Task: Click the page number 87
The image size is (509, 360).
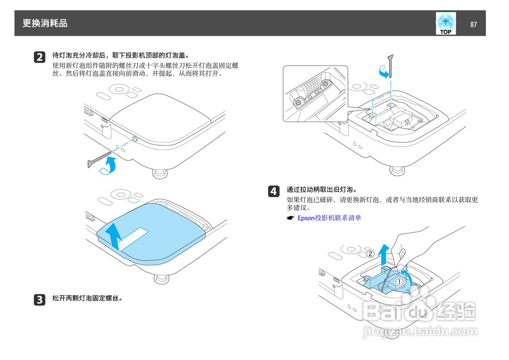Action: [473, 24]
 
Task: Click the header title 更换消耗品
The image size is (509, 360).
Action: [45, 23]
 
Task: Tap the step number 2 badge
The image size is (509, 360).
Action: [39, 57]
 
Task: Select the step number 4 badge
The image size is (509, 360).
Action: [274, 191]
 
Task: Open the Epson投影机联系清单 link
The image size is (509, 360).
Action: [329, 218]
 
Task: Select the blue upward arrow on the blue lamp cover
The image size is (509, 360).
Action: [115, 236]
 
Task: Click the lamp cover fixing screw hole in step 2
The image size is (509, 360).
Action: [135, 139]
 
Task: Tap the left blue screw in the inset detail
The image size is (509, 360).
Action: [298, 102]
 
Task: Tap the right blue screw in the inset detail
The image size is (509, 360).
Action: [326, 84]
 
